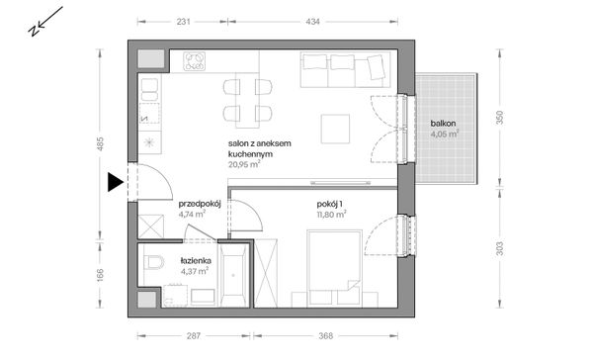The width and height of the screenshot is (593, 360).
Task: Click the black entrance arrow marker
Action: (116, 182)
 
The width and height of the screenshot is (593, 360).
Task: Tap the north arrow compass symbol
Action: (45, 22)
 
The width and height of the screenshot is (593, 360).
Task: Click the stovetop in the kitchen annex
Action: (195, 61)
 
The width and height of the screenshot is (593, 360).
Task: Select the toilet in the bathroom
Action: (154, 263)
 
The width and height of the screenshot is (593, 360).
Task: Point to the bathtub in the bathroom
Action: (233, 274)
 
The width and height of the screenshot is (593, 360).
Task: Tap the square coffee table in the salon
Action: (335, 129)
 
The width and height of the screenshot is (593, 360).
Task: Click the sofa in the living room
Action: (345, 69)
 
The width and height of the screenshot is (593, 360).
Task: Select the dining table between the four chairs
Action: (247, 100)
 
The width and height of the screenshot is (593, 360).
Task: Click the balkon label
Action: (443, 124)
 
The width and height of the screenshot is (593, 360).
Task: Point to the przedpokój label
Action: (200, 204)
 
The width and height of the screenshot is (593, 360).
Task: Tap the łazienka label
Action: (196, 261)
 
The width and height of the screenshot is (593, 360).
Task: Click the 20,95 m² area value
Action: (244, 164)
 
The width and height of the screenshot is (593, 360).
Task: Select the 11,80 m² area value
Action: (332, 215)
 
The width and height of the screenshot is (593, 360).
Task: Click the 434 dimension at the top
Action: (312, 22)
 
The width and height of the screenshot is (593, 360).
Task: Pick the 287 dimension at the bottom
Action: (194, 336)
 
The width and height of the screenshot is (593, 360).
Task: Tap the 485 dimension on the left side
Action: (100, 143)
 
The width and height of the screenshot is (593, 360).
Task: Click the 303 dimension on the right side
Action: (499, 248)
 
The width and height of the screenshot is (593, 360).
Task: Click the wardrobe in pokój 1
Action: (266, 273)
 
